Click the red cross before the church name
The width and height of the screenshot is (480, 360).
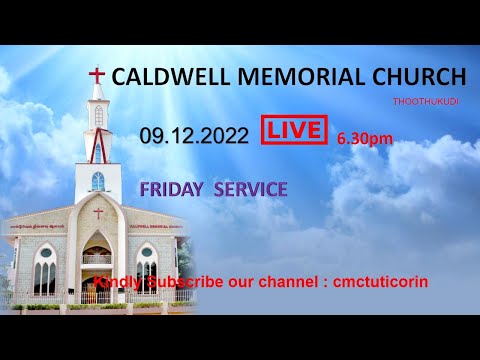click(97, 76)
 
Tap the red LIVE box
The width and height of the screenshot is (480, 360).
click(295, 130)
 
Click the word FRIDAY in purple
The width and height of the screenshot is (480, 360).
click(174, 188)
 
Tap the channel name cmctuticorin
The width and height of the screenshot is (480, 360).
click(385, 282)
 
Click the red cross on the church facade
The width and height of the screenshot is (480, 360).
click(98, 212)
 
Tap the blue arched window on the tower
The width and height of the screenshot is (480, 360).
click(98, 181)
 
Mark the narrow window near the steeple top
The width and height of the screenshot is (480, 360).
click(98, 116)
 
